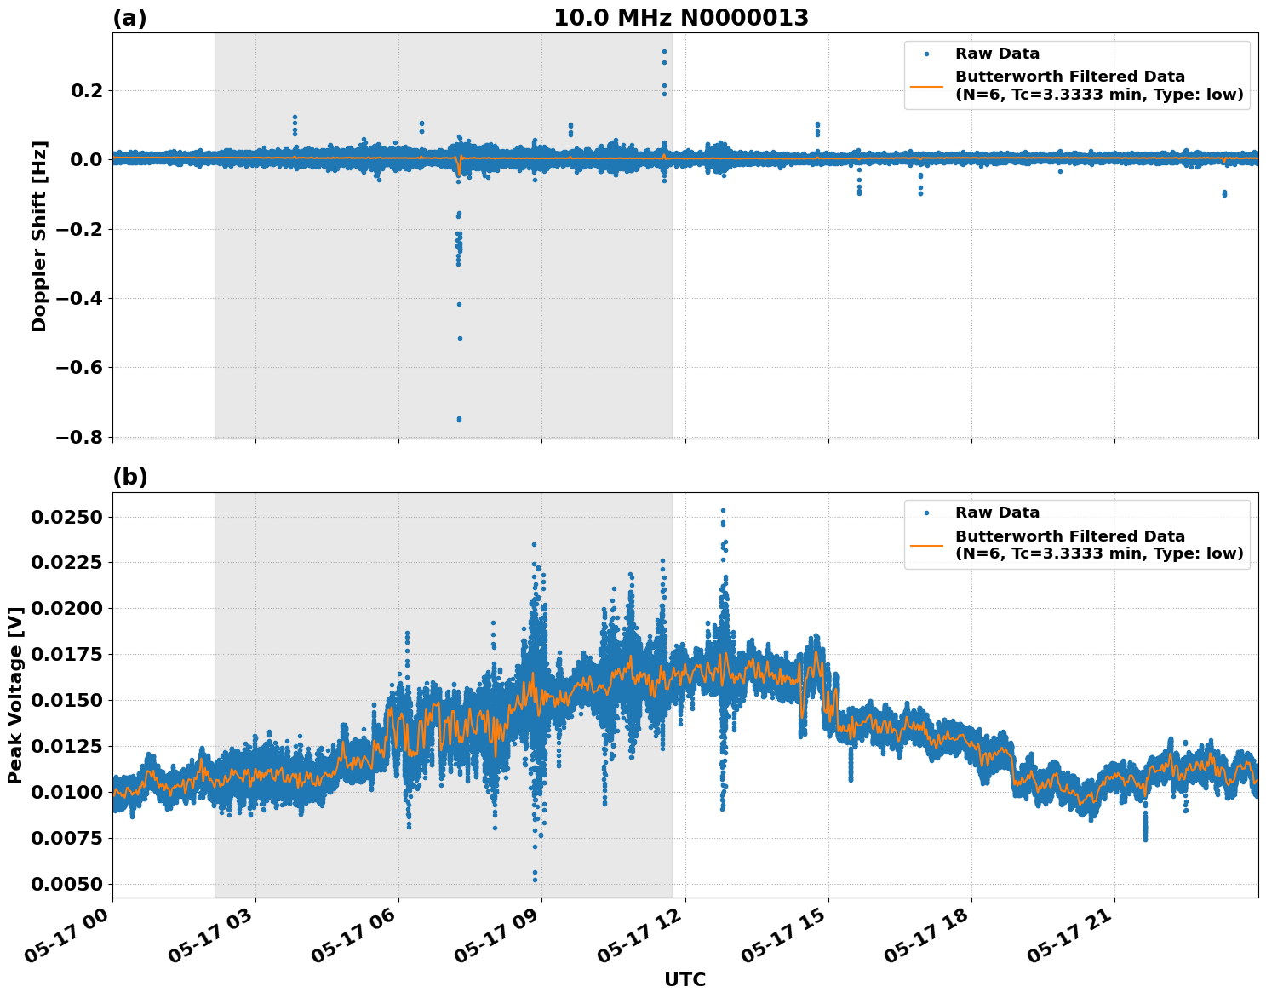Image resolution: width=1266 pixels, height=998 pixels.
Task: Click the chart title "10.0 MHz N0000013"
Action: pyautogui.click(x=680, y=18)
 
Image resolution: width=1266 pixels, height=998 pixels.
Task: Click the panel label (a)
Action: pyautogui.click(x=129, y=18)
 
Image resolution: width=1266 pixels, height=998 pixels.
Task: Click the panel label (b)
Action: pyautogui.click(x=129, y=477)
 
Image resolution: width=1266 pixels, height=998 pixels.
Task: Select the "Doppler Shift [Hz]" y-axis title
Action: pyautogui.click(x=39, y=236)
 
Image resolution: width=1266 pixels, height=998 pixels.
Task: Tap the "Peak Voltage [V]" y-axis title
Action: pyautogui.click(x=15, y=694)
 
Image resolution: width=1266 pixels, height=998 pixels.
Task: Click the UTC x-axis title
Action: pyautogui.click(x=685, y=979)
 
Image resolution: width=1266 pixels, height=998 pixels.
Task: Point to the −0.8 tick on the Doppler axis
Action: pyautogui.click(x=78, y=437)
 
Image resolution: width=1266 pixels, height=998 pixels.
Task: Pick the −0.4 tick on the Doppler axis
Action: pyautogui.click(x=78, y=298)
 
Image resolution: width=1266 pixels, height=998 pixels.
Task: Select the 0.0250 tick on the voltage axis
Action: pyautogui.click(x=68, y=518)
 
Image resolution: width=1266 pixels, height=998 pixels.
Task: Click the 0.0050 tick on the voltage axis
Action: pyautogui.click(x=68, y=884)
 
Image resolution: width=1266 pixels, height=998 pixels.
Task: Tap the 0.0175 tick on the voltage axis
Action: pyautogui.click(x=68, y=655)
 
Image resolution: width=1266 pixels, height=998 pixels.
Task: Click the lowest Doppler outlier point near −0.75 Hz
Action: pyautogui.click(x=459, y=419)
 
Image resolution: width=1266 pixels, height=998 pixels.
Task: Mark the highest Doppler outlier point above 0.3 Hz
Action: pyautogui.click(x=664, y=52)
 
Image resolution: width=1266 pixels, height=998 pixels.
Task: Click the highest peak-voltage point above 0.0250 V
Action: pyautogui.click(x=723, y=511)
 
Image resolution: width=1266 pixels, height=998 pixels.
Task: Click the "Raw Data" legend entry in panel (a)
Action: pyautogui.click(x=997, y=54)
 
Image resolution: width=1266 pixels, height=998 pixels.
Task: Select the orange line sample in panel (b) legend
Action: pyautogui.click(x=926, y=545)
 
